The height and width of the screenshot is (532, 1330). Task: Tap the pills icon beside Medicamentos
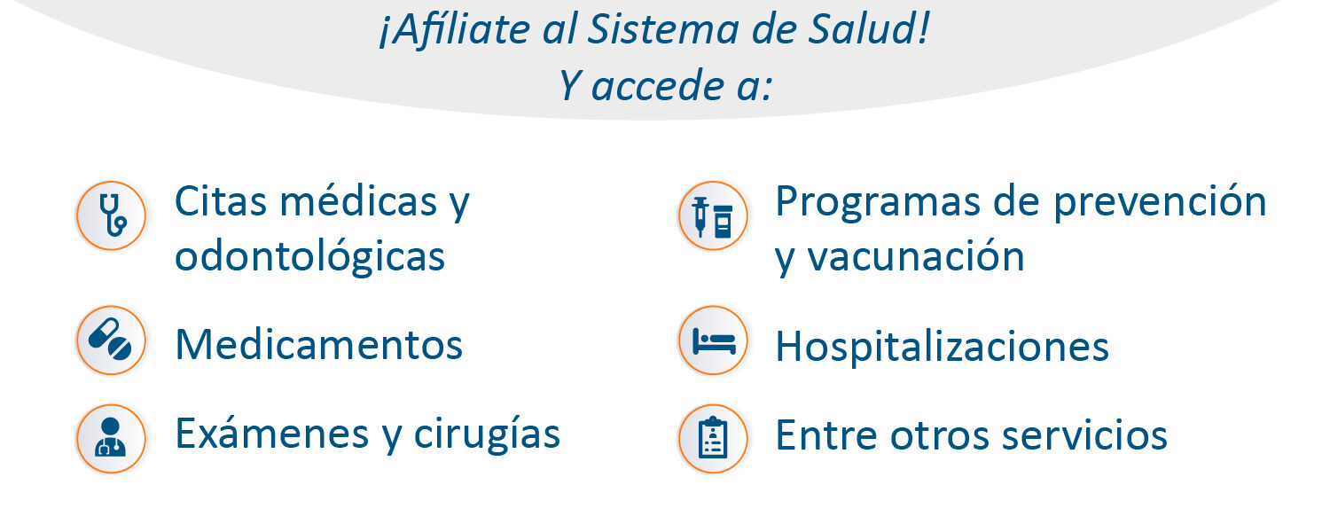point(111,340)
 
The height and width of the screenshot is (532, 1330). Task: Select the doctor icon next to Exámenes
point(111,439)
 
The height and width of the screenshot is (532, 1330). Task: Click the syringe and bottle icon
point(713,215)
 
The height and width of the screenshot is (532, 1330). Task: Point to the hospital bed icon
point(713,340)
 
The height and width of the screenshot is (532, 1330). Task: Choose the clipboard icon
point(713,439)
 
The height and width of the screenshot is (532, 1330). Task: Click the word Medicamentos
point(319,344)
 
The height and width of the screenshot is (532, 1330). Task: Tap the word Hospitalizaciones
point(943,347)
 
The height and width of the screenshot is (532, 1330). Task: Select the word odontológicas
point(310,257)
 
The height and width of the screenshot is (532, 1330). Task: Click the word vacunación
point(916,257)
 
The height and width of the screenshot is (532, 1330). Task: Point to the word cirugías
point(487,434)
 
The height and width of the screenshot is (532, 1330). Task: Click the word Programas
point(878,203)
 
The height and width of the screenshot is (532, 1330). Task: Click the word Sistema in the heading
point(662,29)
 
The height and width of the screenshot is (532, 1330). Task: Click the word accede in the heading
point(657,85)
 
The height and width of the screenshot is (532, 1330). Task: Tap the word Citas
point(221,201)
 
